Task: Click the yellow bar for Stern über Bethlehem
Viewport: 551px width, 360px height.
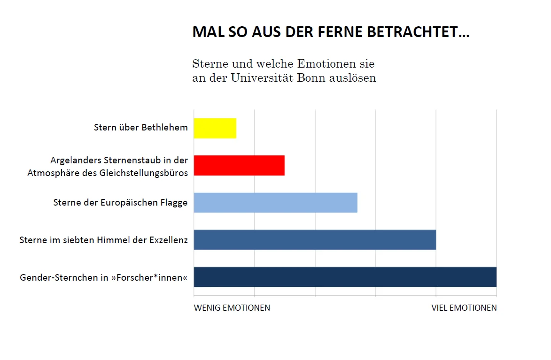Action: (x=215, y=128)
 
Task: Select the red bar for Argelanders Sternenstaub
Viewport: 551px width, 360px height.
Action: (x=239, y=165)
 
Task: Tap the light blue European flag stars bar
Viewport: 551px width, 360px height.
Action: (x=275, y=202)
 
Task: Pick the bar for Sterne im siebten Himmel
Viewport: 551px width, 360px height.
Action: (x=315, y=240)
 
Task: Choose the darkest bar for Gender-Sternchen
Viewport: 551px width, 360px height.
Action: (x=345, y=277)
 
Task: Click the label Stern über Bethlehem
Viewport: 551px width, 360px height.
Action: (x=140, y=127)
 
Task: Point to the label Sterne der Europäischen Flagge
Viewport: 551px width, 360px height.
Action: (x=120, y=203)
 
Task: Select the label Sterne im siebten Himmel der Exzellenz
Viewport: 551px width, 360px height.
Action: (x=103, y=240)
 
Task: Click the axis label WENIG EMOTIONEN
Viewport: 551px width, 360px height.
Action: (x=232, y=308)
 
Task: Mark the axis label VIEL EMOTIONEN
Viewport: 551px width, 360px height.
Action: (x=464, y=308)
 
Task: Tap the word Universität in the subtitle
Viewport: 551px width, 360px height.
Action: (x=263, y=78)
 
